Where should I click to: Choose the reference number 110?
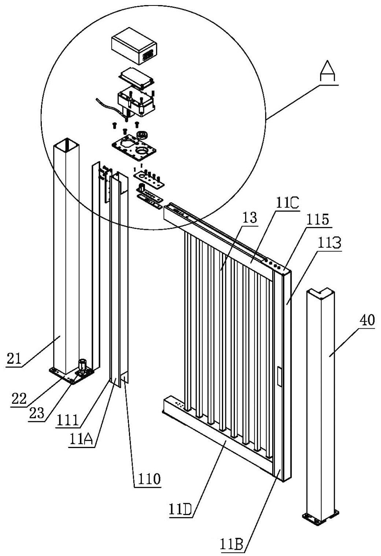(x=147, y=479)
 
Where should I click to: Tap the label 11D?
(x=180, y=509)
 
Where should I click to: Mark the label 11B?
(x=232, y=544)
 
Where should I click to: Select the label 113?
(x=330, y=243)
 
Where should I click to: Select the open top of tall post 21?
(x=66, y=144)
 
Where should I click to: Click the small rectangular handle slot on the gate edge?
(x=280, y=376)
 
